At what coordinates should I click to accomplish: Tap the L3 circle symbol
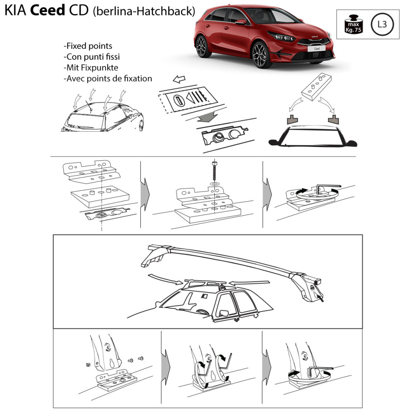click(382, 24)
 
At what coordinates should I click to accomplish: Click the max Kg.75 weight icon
click(354, 24)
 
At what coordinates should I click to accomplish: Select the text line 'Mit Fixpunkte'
click(91, 67)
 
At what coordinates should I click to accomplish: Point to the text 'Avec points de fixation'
click(108, 78)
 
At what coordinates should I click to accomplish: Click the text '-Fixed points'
click(88, 46)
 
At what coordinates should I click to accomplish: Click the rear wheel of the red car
click(202, 46)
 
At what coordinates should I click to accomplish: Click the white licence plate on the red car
click(316, 49)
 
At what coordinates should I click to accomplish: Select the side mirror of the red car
click(241, 22)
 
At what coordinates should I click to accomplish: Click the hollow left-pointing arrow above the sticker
click(179, 79)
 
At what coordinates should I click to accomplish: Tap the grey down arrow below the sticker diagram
click(208, 117)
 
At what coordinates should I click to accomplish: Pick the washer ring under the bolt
click(215, 183)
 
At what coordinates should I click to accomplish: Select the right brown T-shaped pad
click(333, 120)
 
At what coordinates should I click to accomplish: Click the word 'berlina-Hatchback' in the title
click(144, 11)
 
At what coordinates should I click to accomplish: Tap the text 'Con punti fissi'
click(92, 57)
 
